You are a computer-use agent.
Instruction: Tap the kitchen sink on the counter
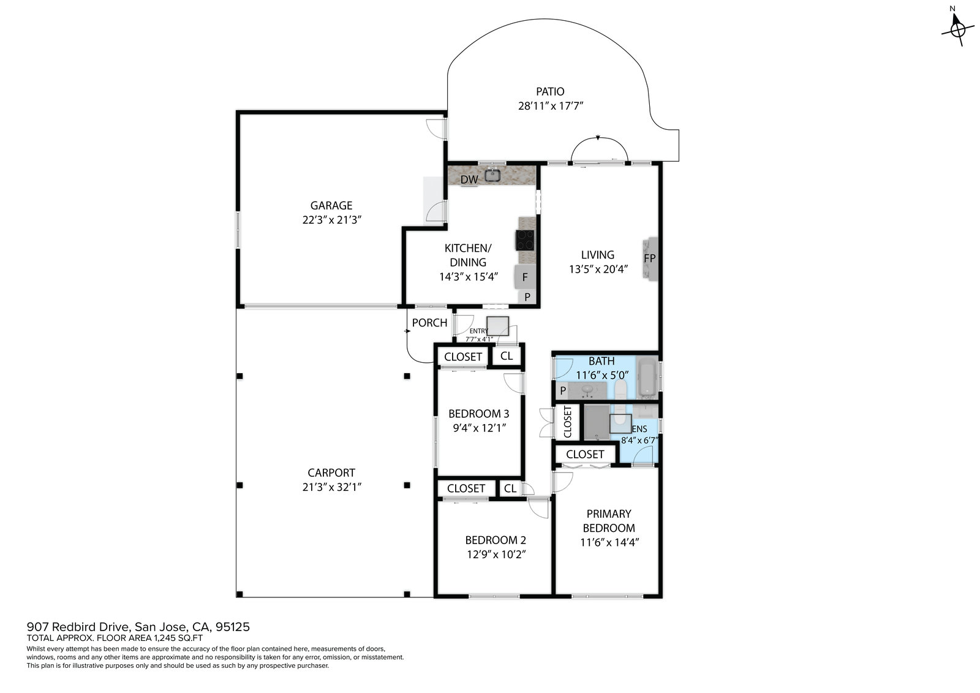coord(492,175)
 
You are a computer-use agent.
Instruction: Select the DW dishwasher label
coord(469,180)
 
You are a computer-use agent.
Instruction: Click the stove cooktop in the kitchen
coord(524,240)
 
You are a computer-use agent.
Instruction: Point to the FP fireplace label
coord(649,259)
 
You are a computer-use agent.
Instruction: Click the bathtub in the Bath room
coord(647,377)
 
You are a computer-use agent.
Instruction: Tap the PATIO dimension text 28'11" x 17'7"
coord(551,106)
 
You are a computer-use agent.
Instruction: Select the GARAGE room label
coord(331,205)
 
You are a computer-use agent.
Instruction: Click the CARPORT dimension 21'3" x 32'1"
coord(331,487)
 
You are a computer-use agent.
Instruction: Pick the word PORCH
coord(429,323)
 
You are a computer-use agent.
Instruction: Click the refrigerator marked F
coord(525,277)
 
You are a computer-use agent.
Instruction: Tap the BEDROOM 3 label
coord(478,414)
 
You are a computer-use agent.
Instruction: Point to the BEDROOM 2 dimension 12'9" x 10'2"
coord(496,555)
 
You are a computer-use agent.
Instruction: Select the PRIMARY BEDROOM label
coord(609,521)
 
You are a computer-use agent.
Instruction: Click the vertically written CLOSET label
coord(567,422)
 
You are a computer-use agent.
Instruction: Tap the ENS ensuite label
coord(639,429)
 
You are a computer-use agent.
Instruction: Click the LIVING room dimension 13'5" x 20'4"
coord(598,269)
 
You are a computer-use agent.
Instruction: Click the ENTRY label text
coord(478,331)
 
